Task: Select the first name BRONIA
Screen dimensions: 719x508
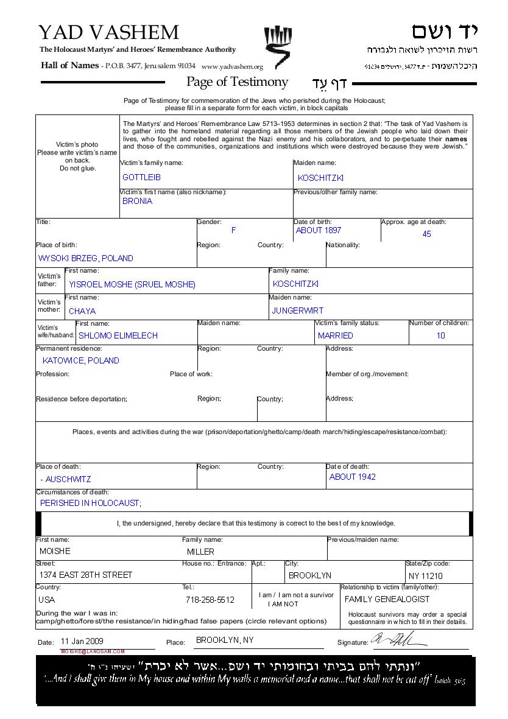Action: click(x=137, y=201)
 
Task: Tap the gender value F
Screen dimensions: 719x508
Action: click(x=233, y=231)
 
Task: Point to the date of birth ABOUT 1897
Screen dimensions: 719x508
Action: click(x=318, y=231)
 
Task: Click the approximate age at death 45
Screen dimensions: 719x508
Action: click(x=426, y=234)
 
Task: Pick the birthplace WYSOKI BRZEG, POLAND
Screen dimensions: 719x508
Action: click(x=85, y=258)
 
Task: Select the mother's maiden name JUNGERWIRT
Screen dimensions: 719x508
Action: click(x=297, y=310)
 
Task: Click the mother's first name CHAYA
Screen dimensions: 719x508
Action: click(x=82, y=311)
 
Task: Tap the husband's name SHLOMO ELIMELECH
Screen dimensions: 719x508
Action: click(x=118, y=335)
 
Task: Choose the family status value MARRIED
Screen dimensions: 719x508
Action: click(x=335, y=335)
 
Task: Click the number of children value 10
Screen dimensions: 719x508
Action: click(x=440, y=335)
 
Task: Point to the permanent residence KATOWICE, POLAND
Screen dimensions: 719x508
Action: click(x=81, y=360)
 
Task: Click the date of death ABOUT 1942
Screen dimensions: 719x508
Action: click(x=352, y=477)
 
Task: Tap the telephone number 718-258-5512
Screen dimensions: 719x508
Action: click(x=210, y=600)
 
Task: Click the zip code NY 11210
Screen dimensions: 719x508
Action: click(x=425, y=576)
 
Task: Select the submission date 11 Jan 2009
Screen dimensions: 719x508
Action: click(x=82, y=641)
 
